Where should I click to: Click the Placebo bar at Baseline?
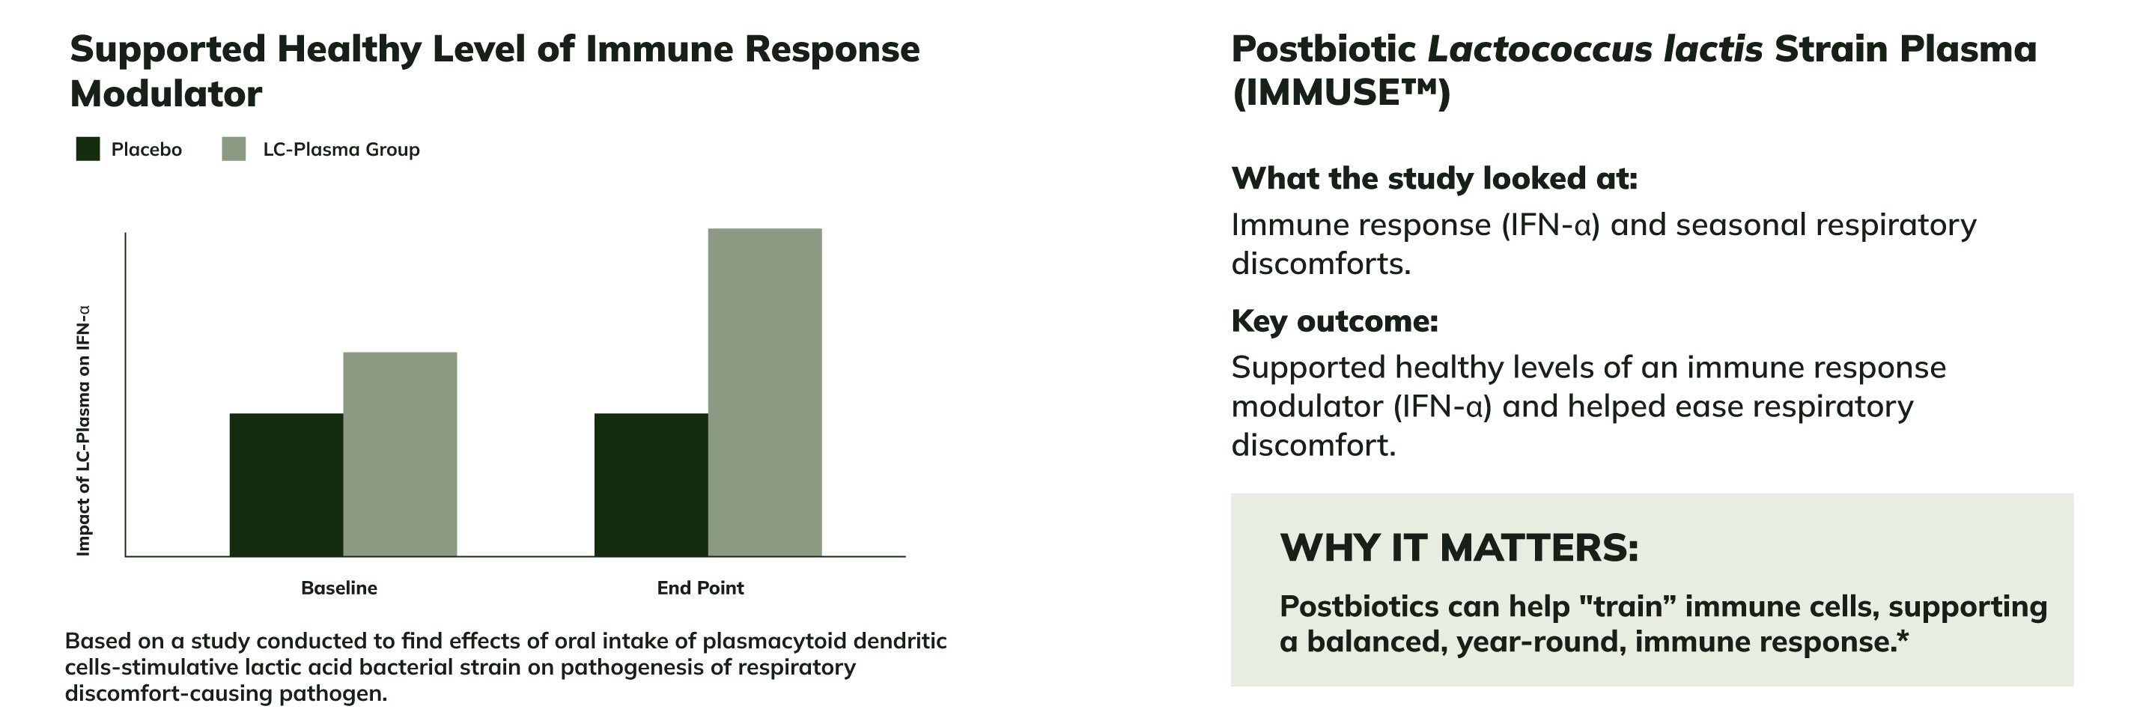[x=286, y=484]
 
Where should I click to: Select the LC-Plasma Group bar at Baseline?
[x=400, y=454]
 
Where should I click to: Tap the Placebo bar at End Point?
[x=651, y=484]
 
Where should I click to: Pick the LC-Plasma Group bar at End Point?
[x=765, y=392]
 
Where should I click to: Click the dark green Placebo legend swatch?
[x=88, y=149]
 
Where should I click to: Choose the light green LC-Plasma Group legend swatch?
[x=234, y=149]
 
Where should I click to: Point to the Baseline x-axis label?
[x=339, y=588]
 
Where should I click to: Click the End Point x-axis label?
[x=700, y=588]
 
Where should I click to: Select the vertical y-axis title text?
[x=83, y=431]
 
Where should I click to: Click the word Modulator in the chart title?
[x=165, y=94]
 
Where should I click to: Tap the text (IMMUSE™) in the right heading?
[x=1341, y=93]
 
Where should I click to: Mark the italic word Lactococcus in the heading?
[x=1540, y=49]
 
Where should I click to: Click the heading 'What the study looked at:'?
[x=1434, y=178]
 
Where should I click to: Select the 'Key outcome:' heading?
[x=1334, y=320]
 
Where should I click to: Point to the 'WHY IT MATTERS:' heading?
[x=1459, y=547]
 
